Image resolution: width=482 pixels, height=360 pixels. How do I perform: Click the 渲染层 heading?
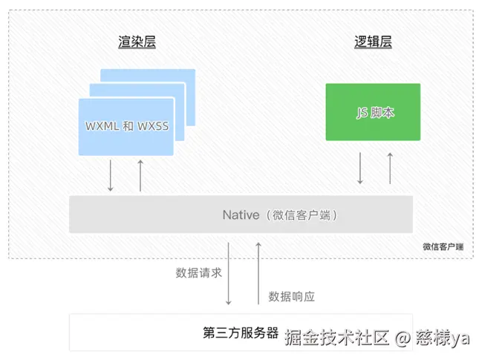[137, 42]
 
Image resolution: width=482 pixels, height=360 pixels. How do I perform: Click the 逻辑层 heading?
[373, 42]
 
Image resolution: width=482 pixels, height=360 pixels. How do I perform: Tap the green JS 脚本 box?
[373, 111]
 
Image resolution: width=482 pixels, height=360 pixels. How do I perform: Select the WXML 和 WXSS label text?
[127, 125]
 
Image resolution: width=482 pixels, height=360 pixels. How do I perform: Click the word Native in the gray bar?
[240, 215]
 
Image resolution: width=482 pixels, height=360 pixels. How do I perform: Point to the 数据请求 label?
[198, 272]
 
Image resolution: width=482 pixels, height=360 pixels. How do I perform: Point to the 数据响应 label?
[292, 296]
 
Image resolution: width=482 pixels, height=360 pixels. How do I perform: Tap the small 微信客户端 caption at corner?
[443, 246]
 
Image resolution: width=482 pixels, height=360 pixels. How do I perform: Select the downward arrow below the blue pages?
[111, 176]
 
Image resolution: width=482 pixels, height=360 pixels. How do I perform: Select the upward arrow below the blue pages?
[140, 176]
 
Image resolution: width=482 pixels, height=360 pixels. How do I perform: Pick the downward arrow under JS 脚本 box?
[360, 168]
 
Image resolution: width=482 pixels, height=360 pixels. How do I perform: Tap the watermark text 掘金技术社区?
[337, 338]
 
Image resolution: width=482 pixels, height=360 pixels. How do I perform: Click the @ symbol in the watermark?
[403, 338]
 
